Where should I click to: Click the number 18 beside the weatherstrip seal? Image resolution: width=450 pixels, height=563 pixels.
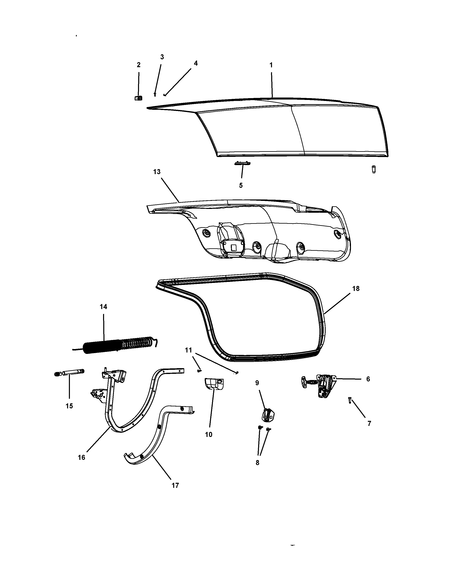coord(356,289)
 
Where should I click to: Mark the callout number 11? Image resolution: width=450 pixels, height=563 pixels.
coord(188,350)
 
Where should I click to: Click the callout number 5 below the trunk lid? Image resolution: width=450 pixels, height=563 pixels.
coord(241,185)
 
